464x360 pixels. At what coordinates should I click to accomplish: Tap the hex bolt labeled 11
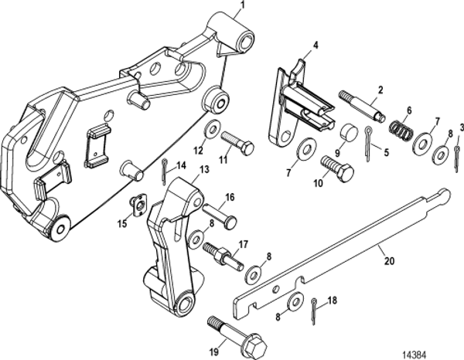coord(235,143)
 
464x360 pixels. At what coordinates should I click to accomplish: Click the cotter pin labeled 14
coord(167,166)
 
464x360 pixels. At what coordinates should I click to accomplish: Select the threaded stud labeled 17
coord(219,253)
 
